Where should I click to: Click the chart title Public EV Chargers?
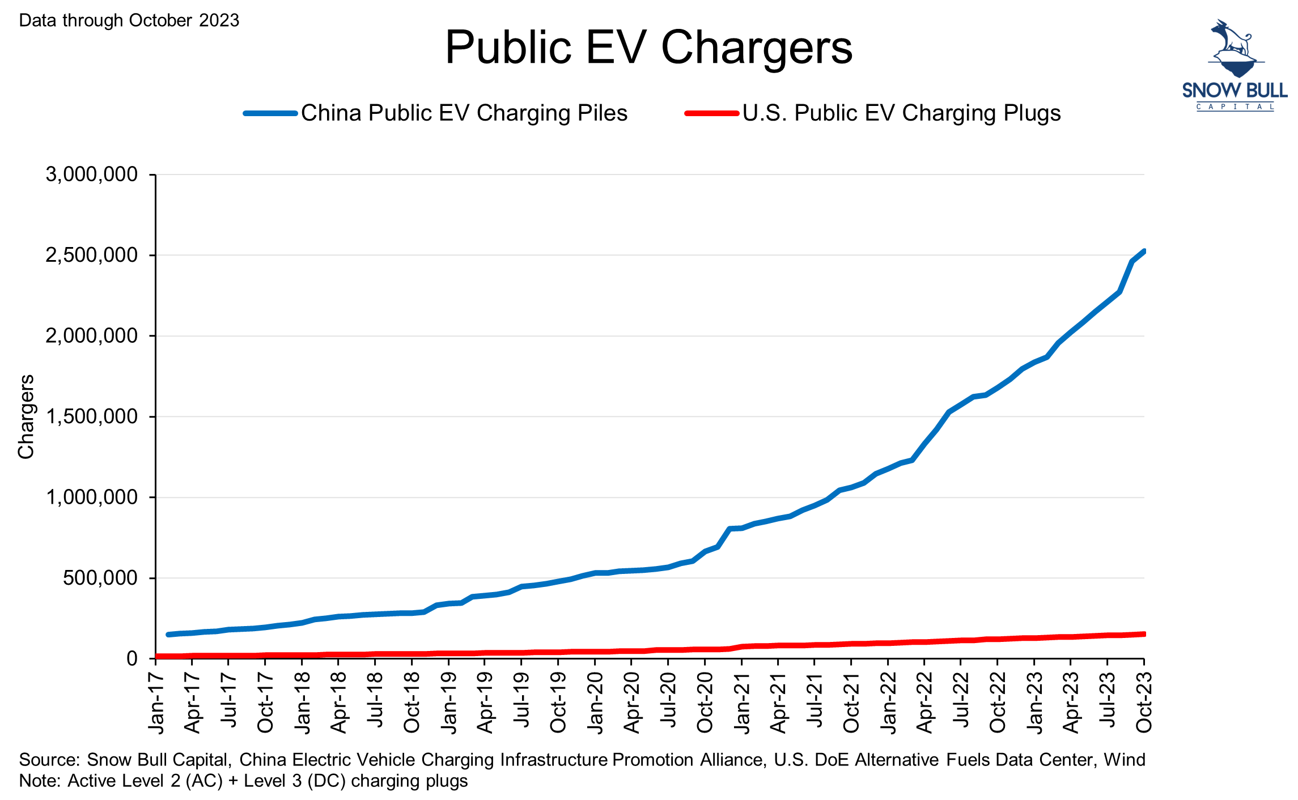click(x=648, y=48)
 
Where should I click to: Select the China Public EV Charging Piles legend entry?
click(x=464, y=113)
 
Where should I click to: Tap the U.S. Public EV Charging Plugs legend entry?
click(x=901, y=113)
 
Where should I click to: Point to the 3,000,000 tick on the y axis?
click(x=92, y=175)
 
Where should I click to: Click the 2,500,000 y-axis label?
click(x=92, y=256)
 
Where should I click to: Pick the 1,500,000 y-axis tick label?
click(x=92, y=417)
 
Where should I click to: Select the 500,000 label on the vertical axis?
click(x=100, y=578)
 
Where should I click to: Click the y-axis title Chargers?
click(x=26, y=416)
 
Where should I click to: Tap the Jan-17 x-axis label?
click(x=156, y=703)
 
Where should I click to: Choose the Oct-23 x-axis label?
click(x=1144, y=703)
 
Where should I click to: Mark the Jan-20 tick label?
click(x=595, y=703)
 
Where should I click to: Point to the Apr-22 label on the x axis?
click(x=924, y=703)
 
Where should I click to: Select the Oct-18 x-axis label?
click(x=412, y=703)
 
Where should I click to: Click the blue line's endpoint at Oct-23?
click(x=1143, y=252)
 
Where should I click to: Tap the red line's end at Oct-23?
click(x=1143, y=634)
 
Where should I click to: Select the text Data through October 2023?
click(x=129, y=20)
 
